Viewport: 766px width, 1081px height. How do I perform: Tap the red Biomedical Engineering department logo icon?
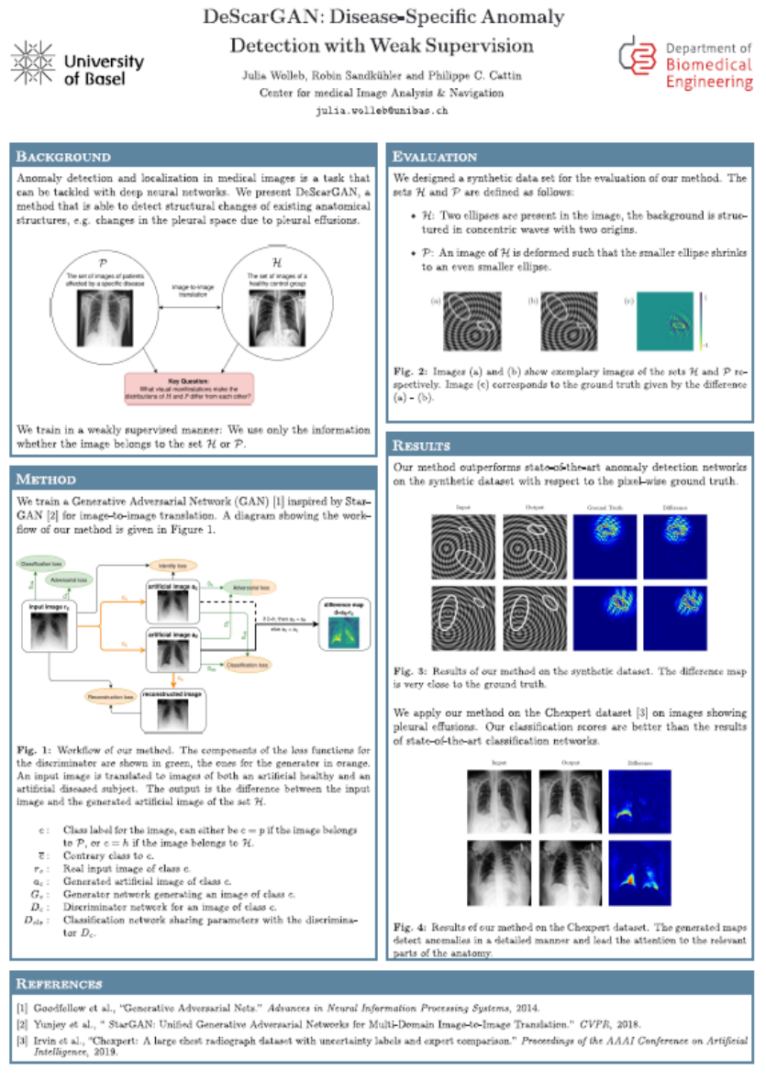[x=638, y=59]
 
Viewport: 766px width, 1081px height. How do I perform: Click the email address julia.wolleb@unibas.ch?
[x=382, y=110]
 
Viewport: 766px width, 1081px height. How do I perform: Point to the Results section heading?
[x=421, y=446]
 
